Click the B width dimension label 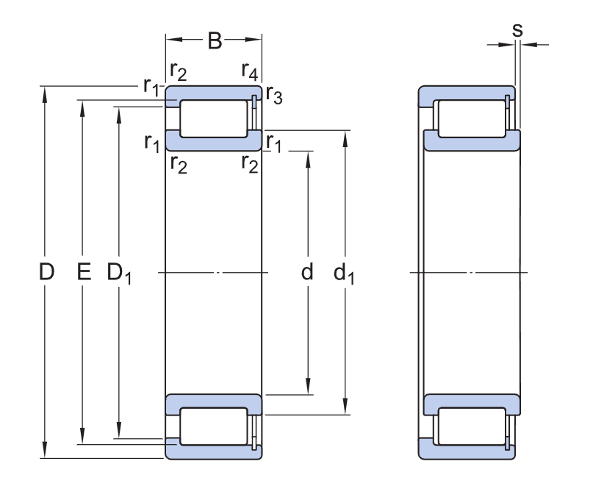pyautogui.click(x=214, y=41)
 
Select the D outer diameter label pyautogui.click(x=46, y=273)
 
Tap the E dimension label pyautogui.click(x=83, y=273)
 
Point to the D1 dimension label pyautogui.click(x=118, y=274)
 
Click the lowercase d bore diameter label pyautogui.click(x=307, y=273)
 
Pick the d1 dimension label pyautogui.click(x=344, y=274)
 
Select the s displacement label pyautogui.click(x=517, y=30)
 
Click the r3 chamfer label pyautogui.click(x=273, y=95)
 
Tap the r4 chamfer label pyautogui.click(x=250, y=71)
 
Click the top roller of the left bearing pyautogui.click(x=214, y=118)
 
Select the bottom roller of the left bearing pyautogui.click(x=214, y=427)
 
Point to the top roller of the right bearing pyautogui.click(x=471, y=118)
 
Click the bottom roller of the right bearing pyautogui.click(x=471, y=427)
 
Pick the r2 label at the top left pyautogui.click(x=178, y=71)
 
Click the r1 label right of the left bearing pyautogui.click(x=273, y=141)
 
